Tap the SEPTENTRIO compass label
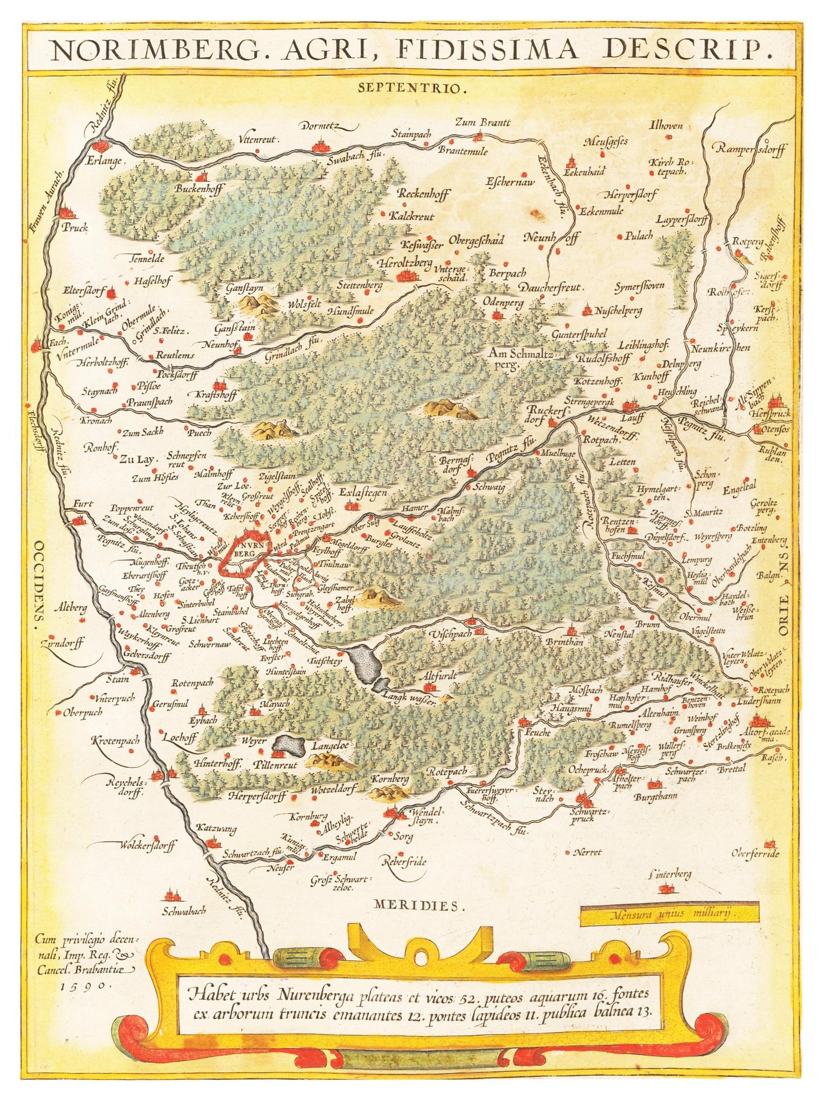click(413, 88)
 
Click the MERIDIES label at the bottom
click(416, 905)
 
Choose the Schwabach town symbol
click(169, 896)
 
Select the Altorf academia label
click(766, 735)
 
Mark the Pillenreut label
click(277, 766)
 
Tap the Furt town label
click(83, 504)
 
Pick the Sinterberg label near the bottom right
click(670, 874)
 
